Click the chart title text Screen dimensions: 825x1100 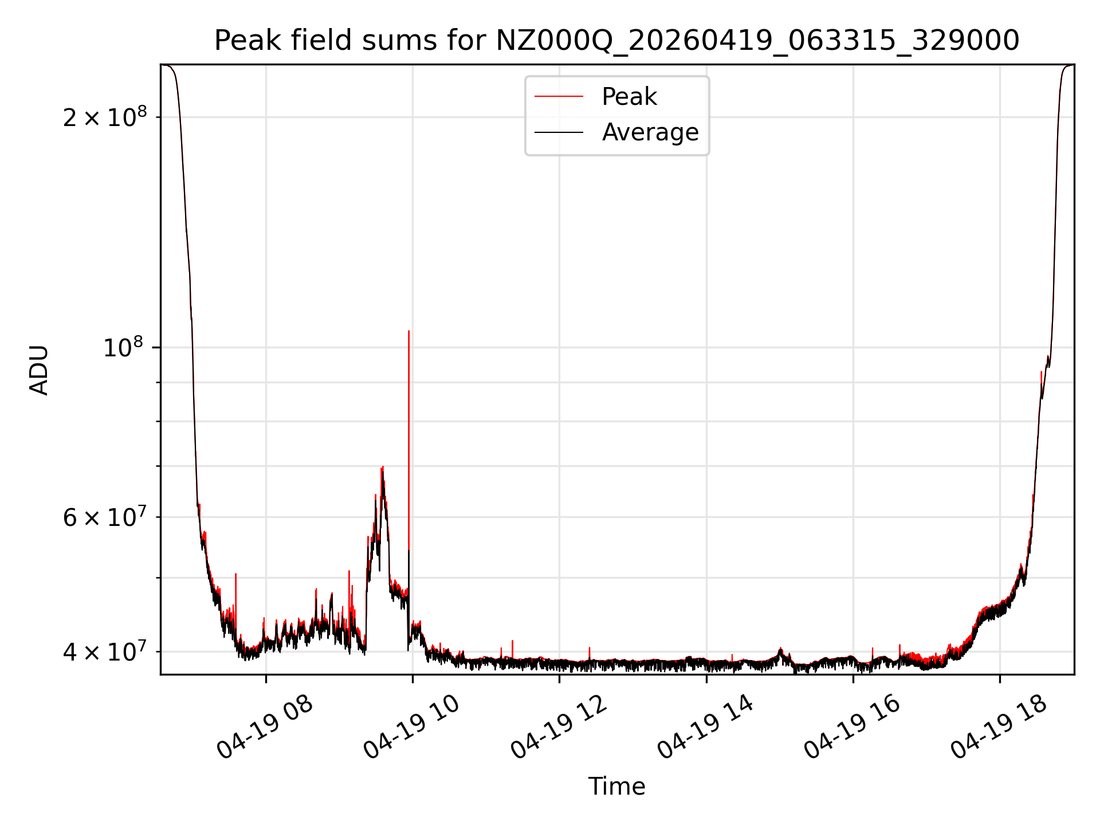click(616, 41)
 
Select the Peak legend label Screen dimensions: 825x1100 click(629, 97)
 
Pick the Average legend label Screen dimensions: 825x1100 click(650, 132)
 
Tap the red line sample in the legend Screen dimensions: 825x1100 click(559, 97)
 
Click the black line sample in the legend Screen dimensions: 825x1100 click(559, 132)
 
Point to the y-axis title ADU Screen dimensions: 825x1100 click(39, 370)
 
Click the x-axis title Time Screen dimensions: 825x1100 click(616, 786)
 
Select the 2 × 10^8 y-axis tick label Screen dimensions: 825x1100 click(105, 117)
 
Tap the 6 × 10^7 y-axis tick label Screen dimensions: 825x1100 click(105, 517)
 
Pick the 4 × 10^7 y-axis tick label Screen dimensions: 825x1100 click(105, 651)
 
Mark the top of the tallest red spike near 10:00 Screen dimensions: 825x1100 click(408, 331)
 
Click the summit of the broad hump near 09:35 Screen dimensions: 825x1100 click(382, 467)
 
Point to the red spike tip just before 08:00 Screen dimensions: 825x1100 click(235, 573)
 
